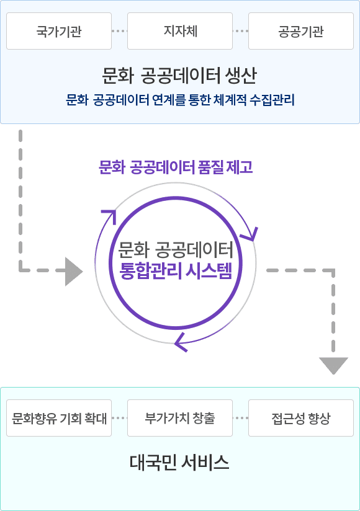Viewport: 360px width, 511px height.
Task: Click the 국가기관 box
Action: [x=59, y=31]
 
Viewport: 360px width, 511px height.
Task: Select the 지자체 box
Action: [x=180, y=31]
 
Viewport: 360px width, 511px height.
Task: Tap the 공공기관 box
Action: [x=301, y=31]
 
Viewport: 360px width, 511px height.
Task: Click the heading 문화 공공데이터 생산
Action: [x=179, y=76]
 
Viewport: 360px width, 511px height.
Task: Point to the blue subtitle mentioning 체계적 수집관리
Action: [x=180, y=100]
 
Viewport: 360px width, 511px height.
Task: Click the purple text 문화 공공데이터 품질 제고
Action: [x=176, y=167]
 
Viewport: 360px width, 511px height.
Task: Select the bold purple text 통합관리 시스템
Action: [x=176, y=271]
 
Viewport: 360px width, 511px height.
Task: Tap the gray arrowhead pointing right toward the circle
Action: [x=74, y=272]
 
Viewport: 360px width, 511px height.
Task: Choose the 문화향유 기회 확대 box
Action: [x=59, y=418]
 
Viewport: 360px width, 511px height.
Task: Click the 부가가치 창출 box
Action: [x=180, y=418]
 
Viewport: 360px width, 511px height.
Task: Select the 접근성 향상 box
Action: [x=301, y=418]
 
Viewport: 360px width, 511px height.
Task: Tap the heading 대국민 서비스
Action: [x=179, y=462]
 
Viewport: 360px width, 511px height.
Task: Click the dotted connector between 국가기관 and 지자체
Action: [x=119, y=31]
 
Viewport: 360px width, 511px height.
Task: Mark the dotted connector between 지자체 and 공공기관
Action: [x=240, y=31]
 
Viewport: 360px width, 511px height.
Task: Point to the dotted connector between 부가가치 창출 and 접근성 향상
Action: [x=240, y=418]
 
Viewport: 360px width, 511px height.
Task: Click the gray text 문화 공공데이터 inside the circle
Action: [x=176, y=250]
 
